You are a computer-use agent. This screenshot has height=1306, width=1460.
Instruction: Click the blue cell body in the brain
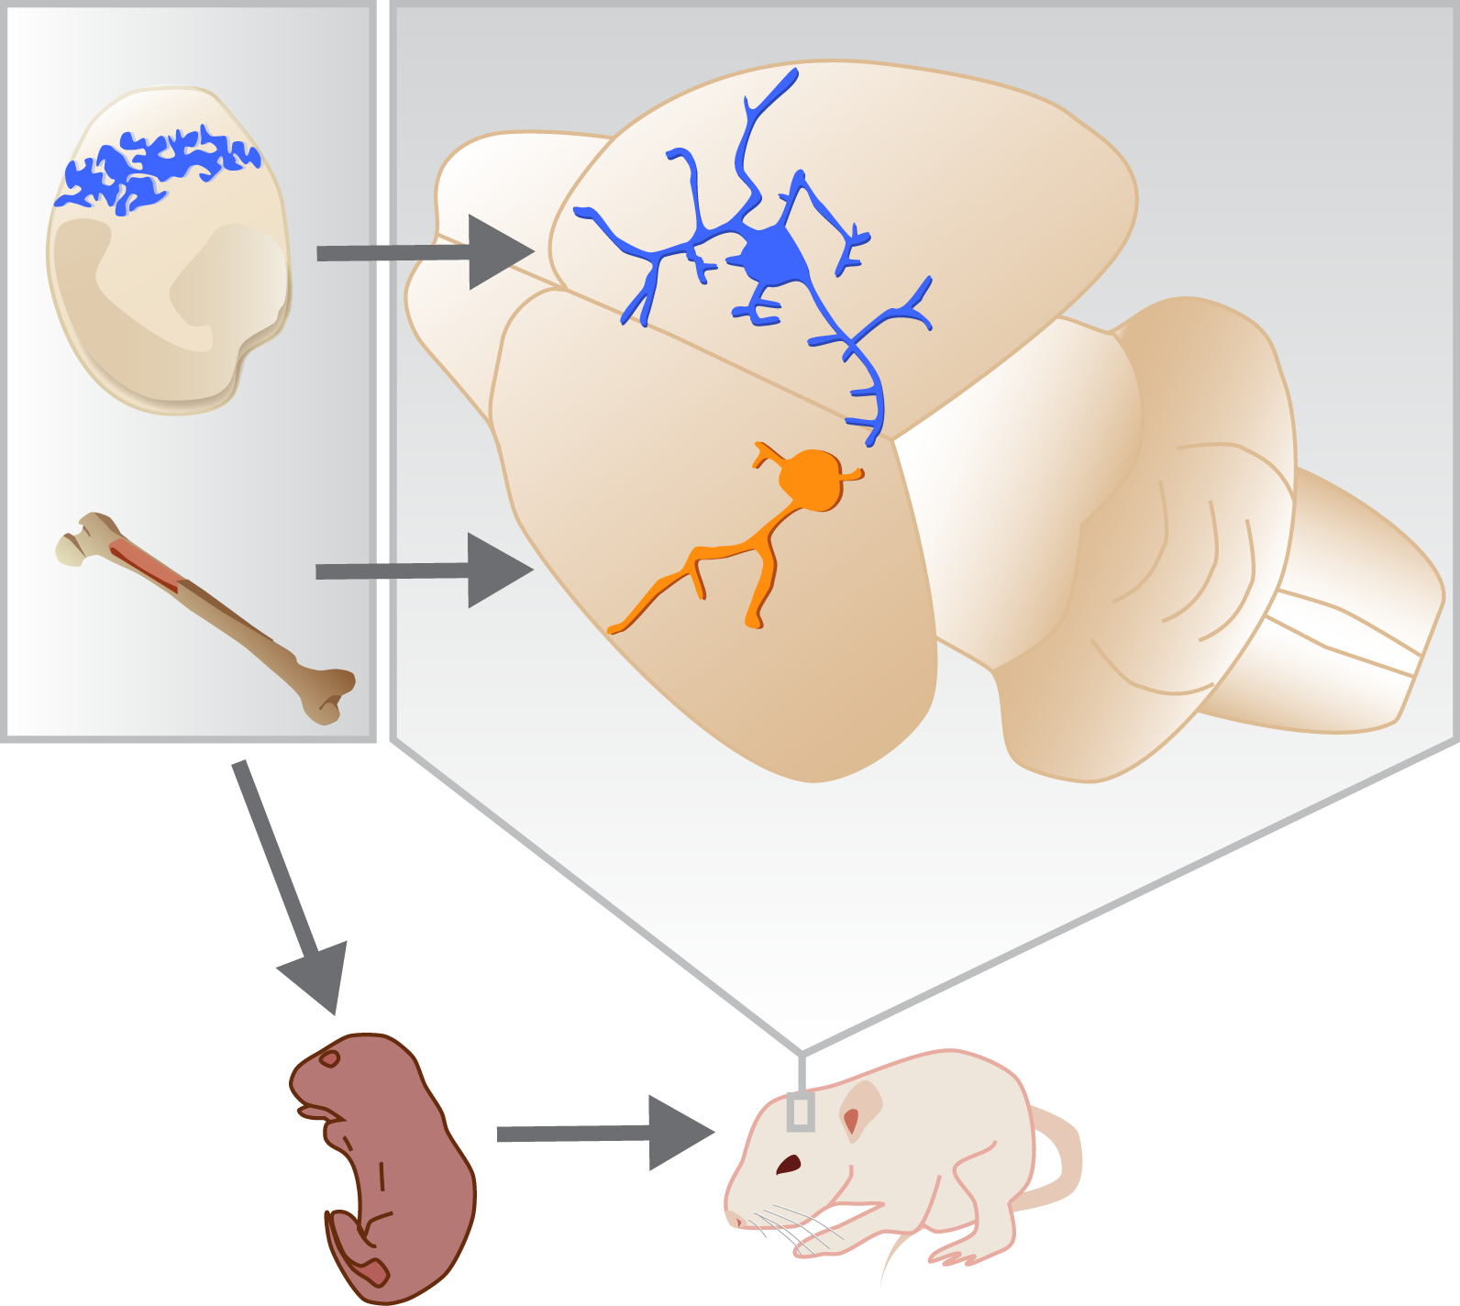click(773, 258)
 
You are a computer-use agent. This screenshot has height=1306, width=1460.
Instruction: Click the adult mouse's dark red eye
click(789, 1165)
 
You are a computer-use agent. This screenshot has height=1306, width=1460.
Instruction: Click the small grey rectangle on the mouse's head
click(801, 1112)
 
